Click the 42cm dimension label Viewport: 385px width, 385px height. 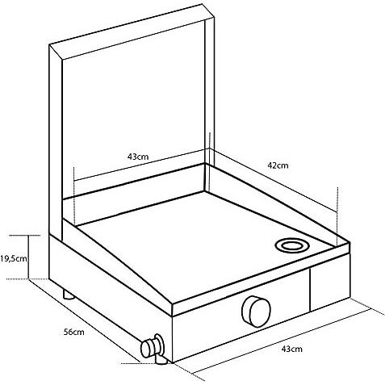278,165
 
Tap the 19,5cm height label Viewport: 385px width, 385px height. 14,259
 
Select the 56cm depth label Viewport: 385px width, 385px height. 73,332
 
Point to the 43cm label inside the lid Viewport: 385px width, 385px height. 138,157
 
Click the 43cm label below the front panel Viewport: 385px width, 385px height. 292,349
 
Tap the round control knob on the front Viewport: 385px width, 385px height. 256,312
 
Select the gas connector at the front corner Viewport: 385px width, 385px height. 153,346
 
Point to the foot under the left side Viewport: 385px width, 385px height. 69,295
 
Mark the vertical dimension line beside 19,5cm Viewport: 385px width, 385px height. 28,257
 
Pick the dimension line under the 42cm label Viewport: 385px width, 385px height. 273,180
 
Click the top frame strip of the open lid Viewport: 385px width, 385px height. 132,31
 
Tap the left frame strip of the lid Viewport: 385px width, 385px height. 56,143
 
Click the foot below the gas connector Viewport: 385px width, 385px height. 161,360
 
